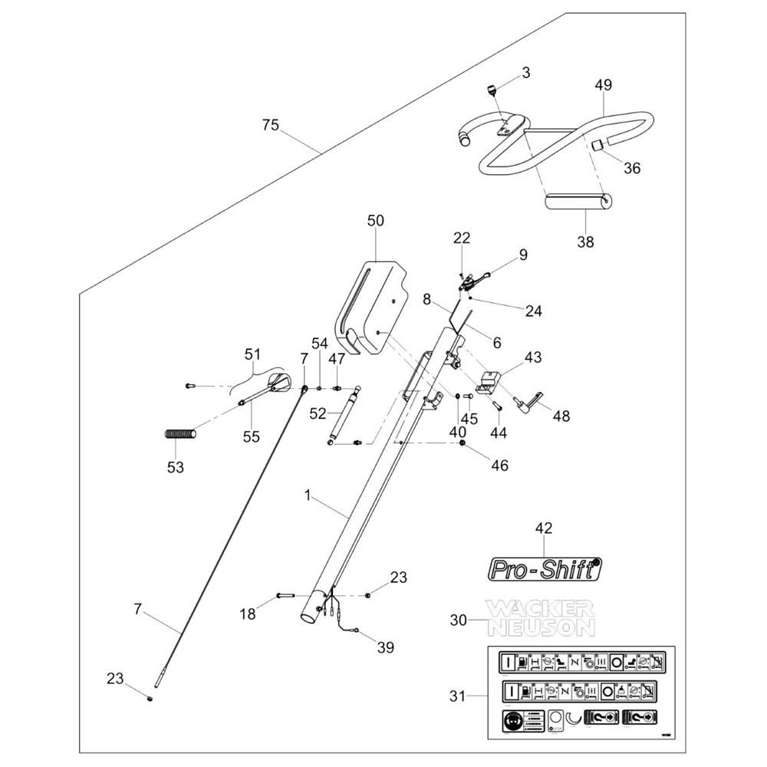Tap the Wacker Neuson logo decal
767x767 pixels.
(541, 618)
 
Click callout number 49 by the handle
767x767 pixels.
(604, 85)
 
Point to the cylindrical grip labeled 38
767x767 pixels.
(578, 203)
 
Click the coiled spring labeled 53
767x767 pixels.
(181, 435)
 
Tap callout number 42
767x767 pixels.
(544, 528)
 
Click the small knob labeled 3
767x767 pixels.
(490, 91)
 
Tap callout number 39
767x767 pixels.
(385, 648)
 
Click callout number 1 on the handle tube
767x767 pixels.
(308, 496)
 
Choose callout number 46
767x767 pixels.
(499, 466)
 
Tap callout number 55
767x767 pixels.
(252, 436)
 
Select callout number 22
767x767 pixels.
(462, 238)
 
